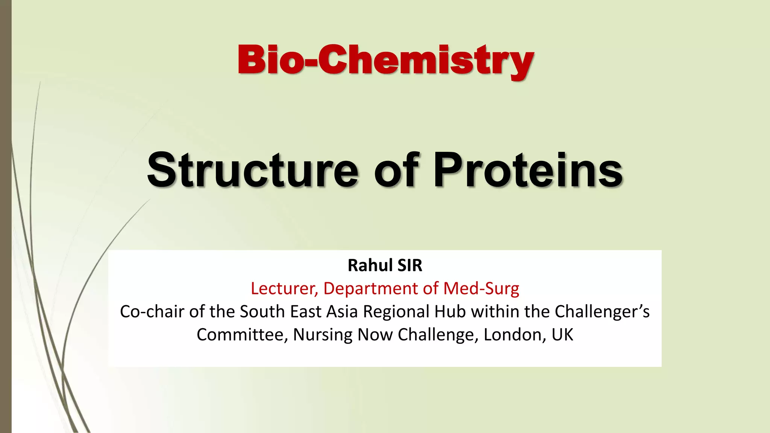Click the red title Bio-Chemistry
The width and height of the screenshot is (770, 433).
click(x=385, y=60)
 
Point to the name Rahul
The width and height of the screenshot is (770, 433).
click(x=370, y=265)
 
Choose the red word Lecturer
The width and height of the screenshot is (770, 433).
click(x=284, y=289)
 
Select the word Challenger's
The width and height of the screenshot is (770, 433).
click(x=602, y=312)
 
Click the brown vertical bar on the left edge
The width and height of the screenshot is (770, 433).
click(x=6, y=216)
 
